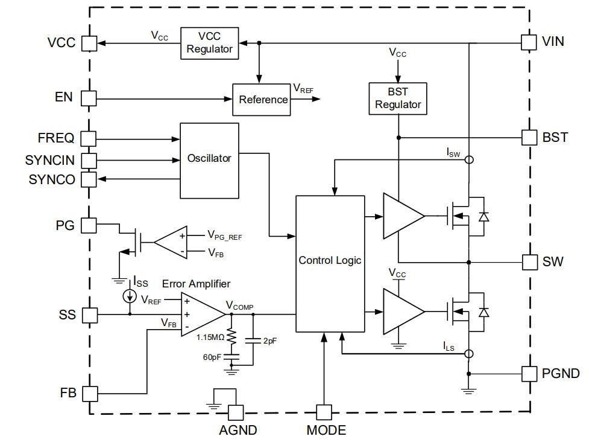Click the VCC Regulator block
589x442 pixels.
point(209,43)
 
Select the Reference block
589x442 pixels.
point(262,100)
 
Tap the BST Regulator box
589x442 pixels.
point(398,98)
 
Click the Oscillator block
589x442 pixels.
point(209,160)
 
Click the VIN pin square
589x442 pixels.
point(529,42)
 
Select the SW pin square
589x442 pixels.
point(529,262)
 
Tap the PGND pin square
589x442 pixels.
point(529,373)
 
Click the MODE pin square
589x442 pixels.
point(324,412)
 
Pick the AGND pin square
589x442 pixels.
point(237,412)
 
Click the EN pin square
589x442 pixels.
point(89,97)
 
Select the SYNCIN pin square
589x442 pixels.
point(89,161)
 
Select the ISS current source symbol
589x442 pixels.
point(129,296)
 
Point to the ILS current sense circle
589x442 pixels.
point(468,353)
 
